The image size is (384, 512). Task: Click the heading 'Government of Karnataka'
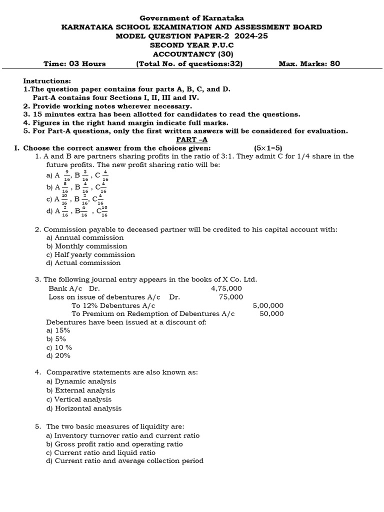pos(192,18)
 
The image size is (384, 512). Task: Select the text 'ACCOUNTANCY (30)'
pos(192,54)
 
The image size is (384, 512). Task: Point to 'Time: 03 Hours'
pos(74,63)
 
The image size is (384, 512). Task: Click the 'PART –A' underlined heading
pos(192,139)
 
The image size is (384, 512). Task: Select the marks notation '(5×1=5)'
pos(268,148)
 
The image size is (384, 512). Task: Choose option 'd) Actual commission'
pos(83,263)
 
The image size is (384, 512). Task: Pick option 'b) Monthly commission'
pos(86,246)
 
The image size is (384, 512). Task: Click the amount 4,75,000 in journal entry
pos(226,288)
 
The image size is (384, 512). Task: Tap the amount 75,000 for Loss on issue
pos(231,297)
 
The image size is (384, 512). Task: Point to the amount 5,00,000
pos(268,305)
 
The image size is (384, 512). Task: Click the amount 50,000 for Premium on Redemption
pos(271,314)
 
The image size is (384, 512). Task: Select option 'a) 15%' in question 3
pos(58,330)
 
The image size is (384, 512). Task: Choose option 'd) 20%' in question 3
pos(58,356)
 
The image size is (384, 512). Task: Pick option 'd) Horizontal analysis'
pos(84,408)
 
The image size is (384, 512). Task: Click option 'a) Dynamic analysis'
pos(81,381)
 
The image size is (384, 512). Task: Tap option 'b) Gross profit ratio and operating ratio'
pos(114,444)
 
